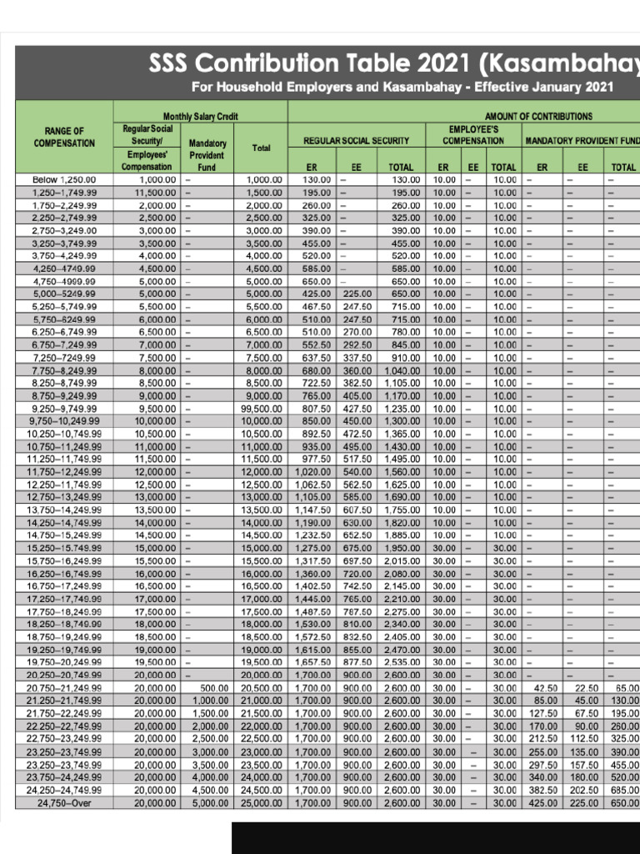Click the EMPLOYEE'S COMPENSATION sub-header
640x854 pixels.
tap(474, 135)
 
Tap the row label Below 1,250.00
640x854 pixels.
tap(64, 179)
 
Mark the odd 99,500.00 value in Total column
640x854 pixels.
tap(260, 409)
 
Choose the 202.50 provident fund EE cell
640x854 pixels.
tap(583, 791)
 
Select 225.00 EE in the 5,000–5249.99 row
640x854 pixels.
tap(357, 294)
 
